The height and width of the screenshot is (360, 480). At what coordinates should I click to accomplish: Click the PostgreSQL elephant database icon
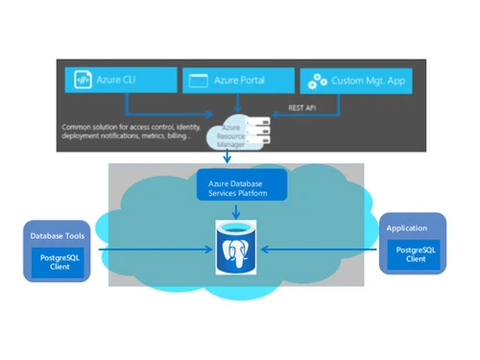point(239,247)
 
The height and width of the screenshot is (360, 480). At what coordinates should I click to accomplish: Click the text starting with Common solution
point(125,127)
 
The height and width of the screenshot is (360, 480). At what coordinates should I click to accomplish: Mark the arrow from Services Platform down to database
point(239,210)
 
